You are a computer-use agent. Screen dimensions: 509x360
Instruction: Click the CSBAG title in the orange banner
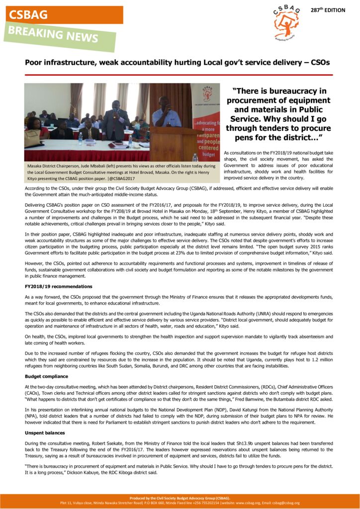(x=28, y=15)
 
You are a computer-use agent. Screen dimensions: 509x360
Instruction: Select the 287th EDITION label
(x=328, y=10)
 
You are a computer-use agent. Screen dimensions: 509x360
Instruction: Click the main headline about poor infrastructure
(x=177, y=63)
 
